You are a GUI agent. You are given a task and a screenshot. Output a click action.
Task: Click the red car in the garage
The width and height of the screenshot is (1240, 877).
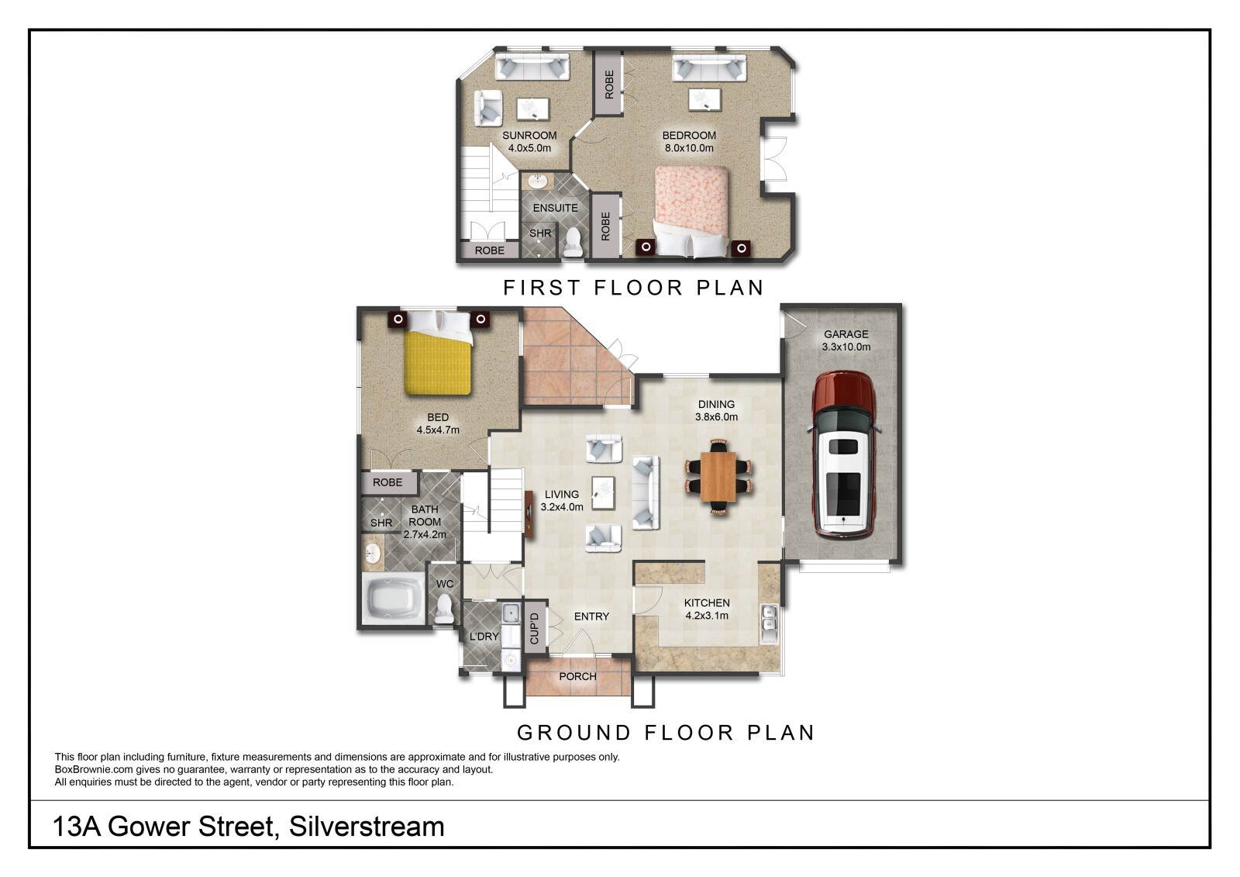(844, 454)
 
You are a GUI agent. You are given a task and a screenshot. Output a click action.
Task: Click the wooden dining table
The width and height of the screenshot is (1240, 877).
(718, 476)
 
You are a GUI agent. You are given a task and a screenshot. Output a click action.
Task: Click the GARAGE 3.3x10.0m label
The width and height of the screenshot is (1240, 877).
(846, 340)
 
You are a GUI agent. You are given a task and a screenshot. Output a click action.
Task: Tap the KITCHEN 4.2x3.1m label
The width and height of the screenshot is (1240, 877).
(706, 609)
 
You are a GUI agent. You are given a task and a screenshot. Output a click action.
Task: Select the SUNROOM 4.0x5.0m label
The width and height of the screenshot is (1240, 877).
(529, 141)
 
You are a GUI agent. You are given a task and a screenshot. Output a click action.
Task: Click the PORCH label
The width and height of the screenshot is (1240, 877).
(577, 676)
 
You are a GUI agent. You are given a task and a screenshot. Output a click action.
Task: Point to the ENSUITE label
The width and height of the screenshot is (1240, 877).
(555, 208)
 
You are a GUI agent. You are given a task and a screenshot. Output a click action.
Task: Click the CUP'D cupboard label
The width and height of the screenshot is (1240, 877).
(534, 628)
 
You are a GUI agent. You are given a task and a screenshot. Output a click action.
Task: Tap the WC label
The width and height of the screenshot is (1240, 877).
(445, 584)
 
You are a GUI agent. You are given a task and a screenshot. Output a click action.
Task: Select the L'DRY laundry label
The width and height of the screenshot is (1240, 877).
(484, 637)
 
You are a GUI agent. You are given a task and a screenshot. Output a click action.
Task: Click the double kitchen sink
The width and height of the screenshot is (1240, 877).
(769, 623)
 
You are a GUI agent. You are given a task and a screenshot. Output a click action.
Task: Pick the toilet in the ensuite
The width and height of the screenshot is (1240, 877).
(573, 243)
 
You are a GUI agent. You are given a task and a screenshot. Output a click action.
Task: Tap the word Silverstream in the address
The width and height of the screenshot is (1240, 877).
(367, 827)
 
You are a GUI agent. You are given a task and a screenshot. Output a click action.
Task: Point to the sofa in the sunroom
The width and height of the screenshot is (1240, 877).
(532, 67)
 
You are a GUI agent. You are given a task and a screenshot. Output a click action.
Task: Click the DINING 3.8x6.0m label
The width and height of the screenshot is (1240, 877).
(716, 410)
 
